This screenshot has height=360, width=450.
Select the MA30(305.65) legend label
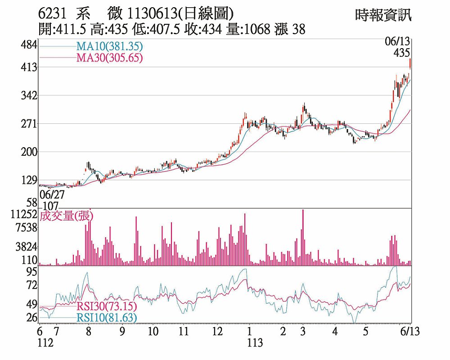tap(109, 58)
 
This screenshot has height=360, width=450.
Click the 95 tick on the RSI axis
tap(31, 271)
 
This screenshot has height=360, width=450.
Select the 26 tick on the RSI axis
tap(31, 318)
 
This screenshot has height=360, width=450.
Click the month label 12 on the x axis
tap(217, 332)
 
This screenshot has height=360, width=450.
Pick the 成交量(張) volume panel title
tap(67, 216)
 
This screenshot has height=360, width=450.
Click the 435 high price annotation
tap(401, 53)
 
